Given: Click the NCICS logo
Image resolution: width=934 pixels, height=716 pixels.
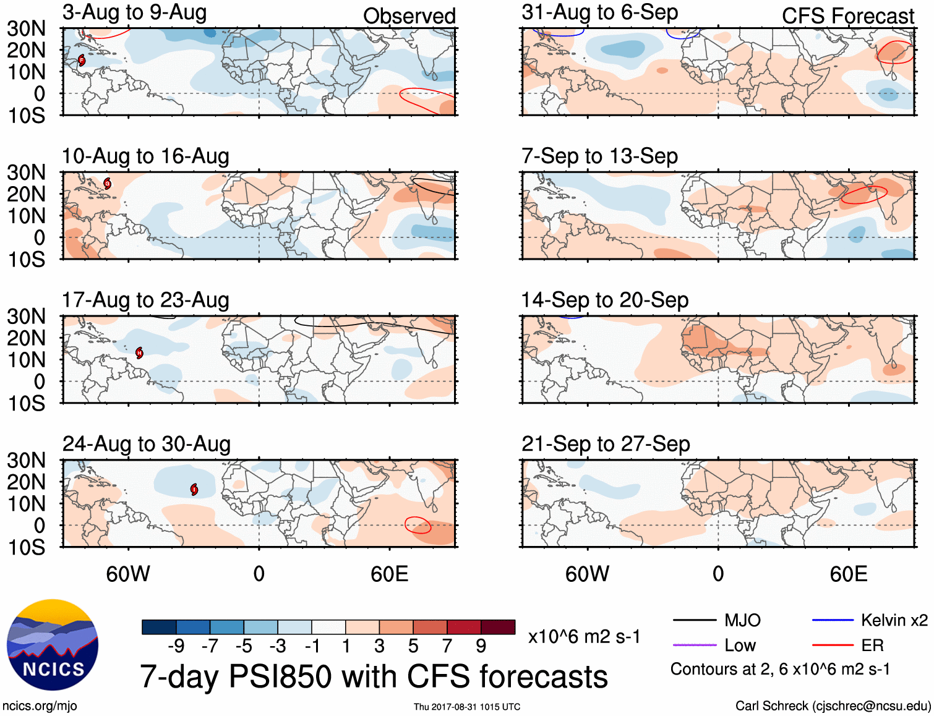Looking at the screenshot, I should pos(53,645).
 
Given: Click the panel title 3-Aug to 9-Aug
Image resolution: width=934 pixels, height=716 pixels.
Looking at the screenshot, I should pos(134,12).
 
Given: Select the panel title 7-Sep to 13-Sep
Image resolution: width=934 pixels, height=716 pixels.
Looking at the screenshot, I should pos(599,156).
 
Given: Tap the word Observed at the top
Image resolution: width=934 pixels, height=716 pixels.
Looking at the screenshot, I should pos(409,16).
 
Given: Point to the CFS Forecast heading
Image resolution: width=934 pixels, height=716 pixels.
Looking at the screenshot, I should pos(847,16).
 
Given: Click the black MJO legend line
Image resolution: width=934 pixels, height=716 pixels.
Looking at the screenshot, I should pos(694,620).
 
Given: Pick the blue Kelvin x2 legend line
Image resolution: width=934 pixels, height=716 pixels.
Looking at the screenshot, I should pos(833,620).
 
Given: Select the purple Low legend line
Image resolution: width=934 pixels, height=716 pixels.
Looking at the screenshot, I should pos(694,646).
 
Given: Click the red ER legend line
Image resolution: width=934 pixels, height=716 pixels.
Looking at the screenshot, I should pos(833,646).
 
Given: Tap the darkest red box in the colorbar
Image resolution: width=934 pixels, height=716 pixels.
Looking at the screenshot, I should pos(498,627).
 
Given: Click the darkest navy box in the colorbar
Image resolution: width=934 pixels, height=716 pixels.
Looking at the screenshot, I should pos(159,627).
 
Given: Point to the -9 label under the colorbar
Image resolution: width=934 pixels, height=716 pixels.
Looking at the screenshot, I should pos(176,646).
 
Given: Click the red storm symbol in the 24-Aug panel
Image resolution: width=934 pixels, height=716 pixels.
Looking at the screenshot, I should pos(194,490).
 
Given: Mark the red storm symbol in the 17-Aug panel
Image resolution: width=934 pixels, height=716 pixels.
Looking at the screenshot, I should pos(139,352).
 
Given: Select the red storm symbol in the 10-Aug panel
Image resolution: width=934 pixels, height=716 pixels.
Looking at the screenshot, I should pos(108,183).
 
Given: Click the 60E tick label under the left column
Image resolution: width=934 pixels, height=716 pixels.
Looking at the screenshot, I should pos(389,574).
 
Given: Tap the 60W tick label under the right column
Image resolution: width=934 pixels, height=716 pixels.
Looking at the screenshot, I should pos(587,574).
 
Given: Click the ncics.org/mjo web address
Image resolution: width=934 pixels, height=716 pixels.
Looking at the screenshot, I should pos(40,706).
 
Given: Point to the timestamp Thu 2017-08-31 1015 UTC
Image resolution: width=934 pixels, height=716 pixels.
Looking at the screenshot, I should pos(467,707).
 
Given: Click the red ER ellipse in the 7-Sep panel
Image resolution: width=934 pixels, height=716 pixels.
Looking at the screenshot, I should pos(863,195).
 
